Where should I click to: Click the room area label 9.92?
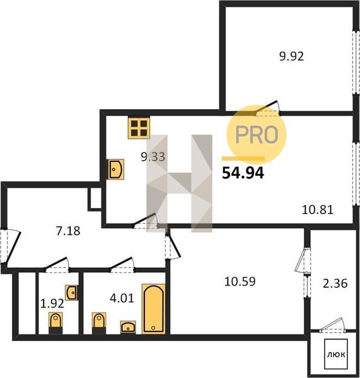[x=291, y=57]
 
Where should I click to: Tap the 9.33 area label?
[x=153, y=157]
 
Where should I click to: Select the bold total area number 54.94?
[x=243, y=173]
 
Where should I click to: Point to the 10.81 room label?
[x=318, y=210]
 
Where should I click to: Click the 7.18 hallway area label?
[x=68, y=231]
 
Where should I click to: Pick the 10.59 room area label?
[x=240, y=282]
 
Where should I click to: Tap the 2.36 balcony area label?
[x=335, y=283]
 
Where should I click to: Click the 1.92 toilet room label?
[x=52, y=304]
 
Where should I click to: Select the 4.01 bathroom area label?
[x=122, y=299]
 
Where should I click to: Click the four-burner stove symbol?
[x=139, y=127]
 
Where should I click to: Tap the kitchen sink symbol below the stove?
[x=116, y=169]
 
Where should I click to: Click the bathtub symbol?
[x=154, y=309]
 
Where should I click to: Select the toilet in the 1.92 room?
[x=55, y=323]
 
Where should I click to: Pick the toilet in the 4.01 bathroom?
[x=99, y=323]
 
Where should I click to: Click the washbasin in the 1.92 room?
[x=71, y=292]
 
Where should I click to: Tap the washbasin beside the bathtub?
[x=128, y=327]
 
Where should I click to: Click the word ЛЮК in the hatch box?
[x=336, y=355]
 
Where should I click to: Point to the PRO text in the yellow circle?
[x=257, y=134]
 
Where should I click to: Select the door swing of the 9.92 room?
[x=267, y=107]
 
